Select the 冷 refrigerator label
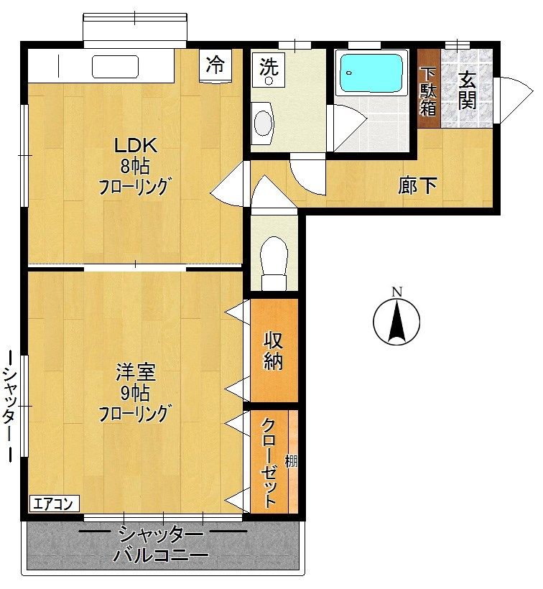215,64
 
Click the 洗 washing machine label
269,68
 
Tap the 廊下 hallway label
417,185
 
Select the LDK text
135,145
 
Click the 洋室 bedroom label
135,372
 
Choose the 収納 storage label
273,351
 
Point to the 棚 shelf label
292,461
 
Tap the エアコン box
55,504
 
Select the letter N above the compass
397,292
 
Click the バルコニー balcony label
161,555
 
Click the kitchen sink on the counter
116,67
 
